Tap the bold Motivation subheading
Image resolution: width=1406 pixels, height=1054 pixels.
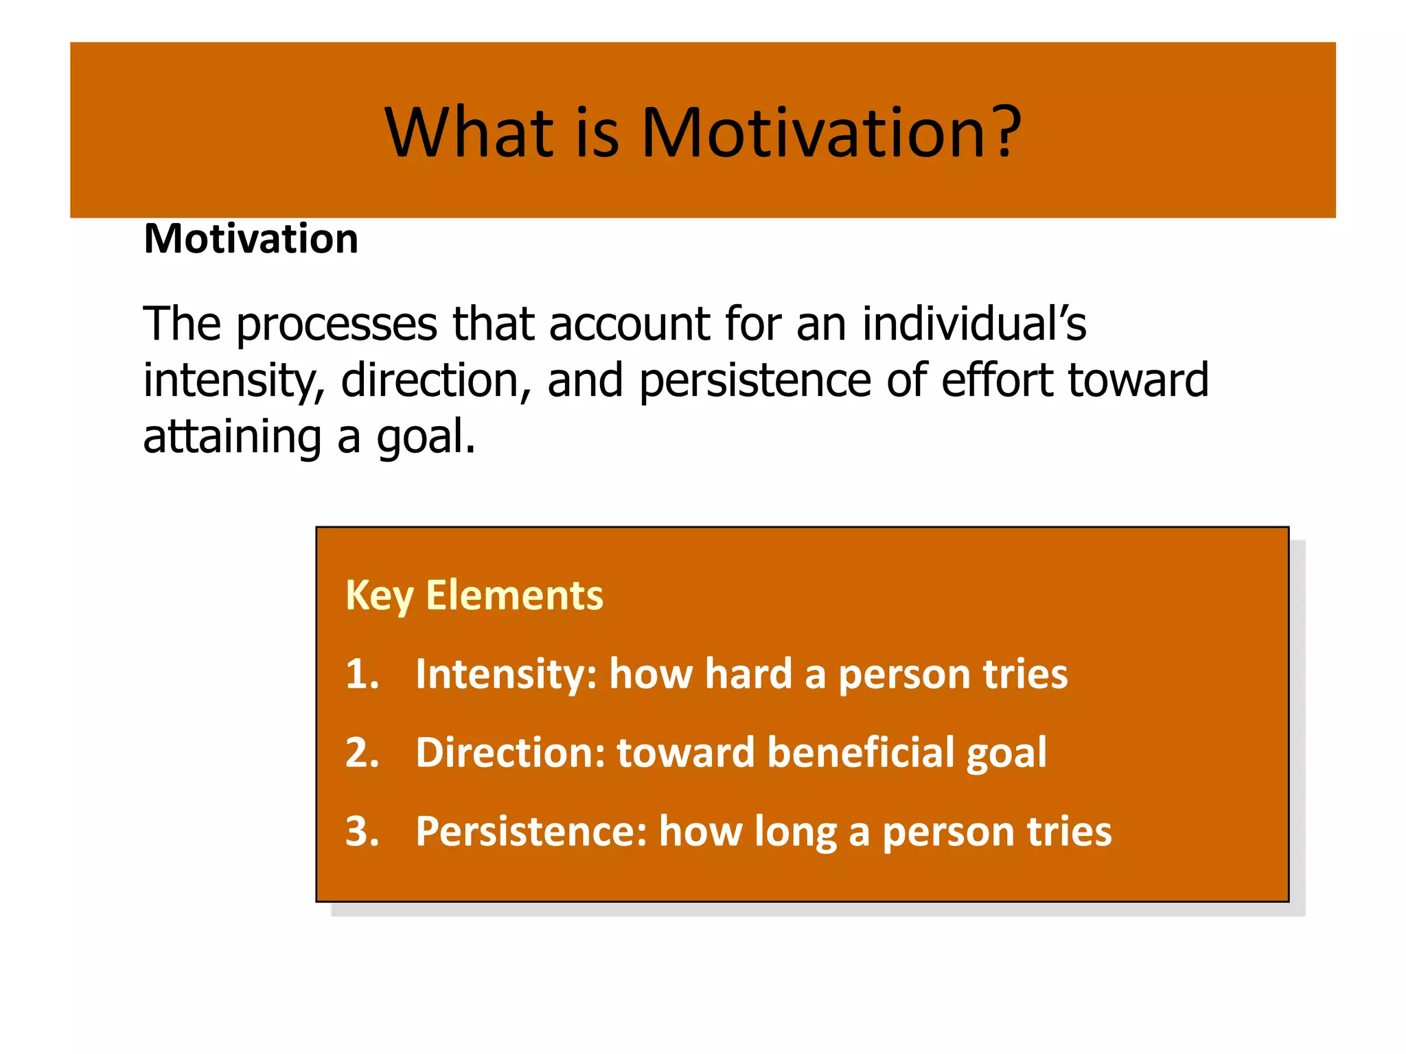tap(251, 239)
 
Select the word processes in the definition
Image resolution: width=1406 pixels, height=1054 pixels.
tap(336, 324)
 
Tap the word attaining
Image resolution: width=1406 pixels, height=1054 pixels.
tap(232, 436)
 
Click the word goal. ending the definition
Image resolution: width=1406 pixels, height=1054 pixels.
tap(425, 438)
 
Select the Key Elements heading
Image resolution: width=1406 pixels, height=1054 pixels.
tap(474, 595)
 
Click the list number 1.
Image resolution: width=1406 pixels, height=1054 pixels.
tap(361, 674)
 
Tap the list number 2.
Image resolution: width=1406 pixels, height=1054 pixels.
tap(362, 753)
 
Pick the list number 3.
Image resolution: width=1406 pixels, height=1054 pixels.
tap(362, 832)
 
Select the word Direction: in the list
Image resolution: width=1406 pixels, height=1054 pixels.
tap(510, 753)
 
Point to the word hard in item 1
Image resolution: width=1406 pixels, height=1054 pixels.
tap(748, 674)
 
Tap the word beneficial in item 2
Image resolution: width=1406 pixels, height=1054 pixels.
tap(860, 753)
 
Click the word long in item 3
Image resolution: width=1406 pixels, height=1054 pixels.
tap(796, 833)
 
